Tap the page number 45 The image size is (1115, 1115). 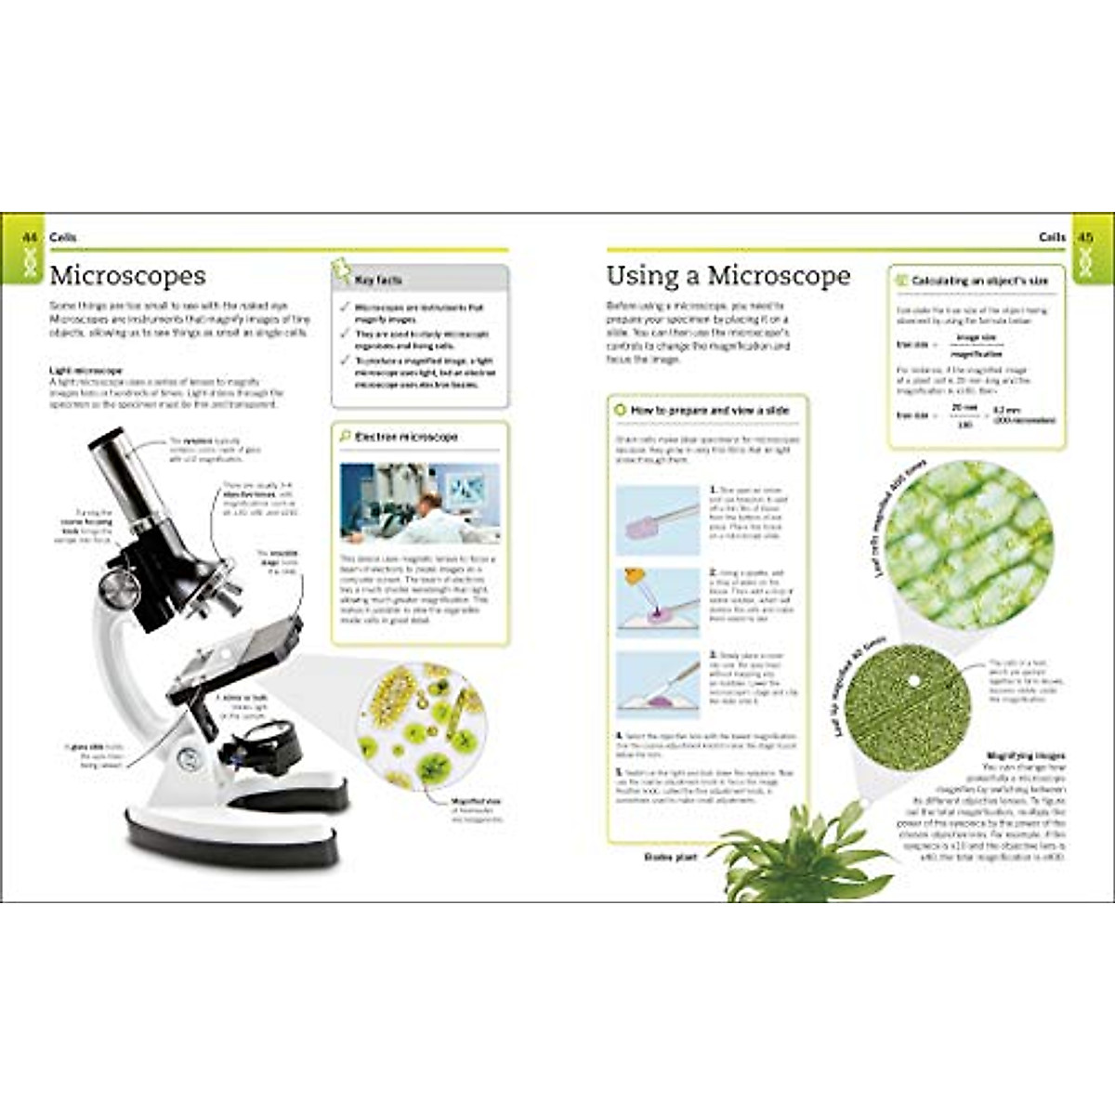point(1084,238)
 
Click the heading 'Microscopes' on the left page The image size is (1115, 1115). point(127,275)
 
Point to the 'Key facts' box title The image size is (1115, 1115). point(378,280)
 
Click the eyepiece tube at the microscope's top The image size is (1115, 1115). point(124,474)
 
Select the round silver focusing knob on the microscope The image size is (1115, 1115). point(118,587)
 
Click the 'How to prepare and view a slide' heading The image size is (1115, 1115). point(709,410)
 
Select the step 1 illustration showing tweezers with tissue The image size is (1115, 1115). point(658,514)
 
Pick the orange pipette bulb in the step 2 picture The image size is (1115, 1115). point(636,577)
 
